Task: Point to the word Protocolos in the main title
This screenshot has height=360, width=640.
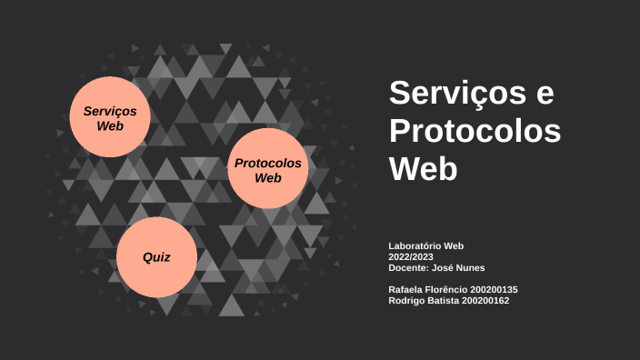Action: click(475, 131)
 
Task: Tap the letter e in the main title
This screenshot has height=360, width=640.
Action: click(544, 94)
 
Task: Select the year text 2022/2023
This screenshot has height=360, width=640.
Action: click(411, 256)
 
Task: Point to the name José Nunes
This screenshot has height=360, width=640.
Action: click(459, 267)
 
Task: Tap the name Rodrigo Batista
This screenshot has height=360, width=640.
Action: click(424, 300)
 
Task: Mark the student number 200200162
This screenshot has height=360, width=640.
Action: click(485, 300)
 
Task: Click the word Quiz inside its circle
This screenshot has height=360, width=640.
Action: click(156, 257)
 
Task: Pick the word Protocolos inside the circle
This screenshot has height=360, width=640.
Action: click(267, 163)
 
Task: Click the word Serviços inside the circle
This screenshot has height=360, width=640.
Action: click(109, 110)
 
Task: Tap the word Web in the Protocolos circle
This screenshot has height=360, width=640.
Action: click(267, 177)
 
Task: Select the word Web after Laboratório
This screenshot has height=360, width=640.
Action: click(453, 245)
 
